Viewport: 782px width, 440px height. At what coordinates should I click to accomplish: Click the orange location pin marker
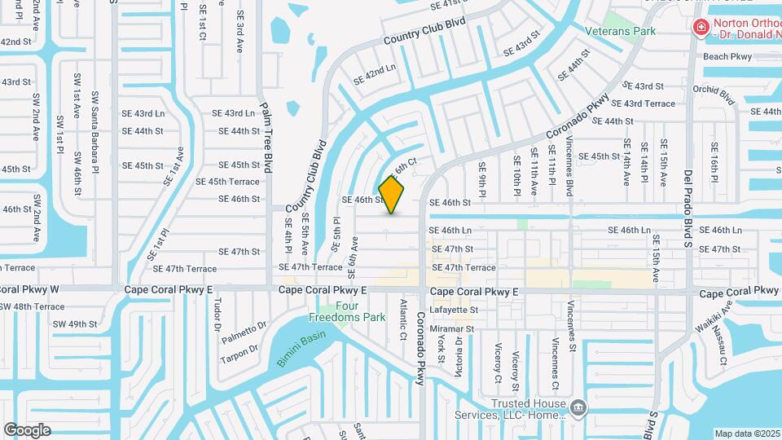(392, 195)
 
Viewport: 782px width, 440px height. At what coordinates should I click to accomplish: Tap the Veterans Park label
(621, 32)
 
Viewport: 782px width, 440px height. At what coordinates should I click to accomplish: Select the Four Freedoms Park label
(347, 311)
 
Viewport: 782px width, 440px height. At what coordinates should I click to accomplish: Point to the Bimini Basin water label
(301, 348)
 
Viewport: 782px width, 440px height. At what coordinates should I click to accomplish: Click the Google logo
(26, 429)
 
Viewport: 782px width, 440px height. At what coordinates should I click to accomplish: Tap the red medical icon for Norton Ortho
(699, 29)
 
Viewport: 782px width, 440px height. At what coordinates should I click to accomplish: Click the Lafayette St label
(455, 310)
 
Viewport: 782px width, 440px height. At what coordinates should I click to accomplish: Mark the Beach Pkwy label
(727, 57)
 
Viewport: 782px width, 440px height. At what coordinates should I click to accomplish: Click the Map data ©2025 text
(747, 433)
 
